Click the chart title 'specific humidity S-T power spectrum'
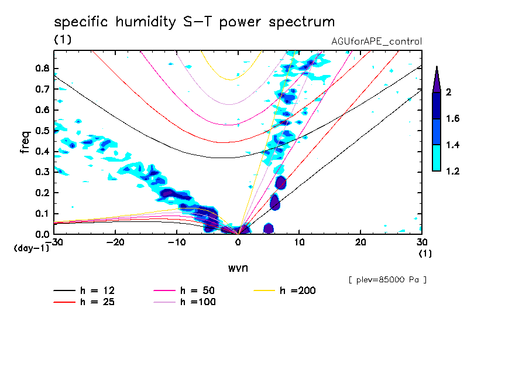tap(194, 23)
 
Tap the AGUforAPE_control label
tap(376, 42)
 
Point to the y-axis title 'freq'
tap(25, 142)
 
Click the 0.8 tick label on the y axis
tap(42, 68)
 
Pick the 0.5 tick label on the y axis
tap(42, 130)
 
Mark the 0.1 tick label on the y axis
tap(42, 213)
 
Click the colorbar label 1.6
tap(452, 119)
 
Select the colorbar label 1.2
tap(452, 172)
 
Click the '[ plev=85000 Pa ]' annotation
tap(387, 280)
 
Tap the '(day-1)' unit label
tap(31, 248)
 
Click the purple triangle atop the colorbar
tap(437, 80)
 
